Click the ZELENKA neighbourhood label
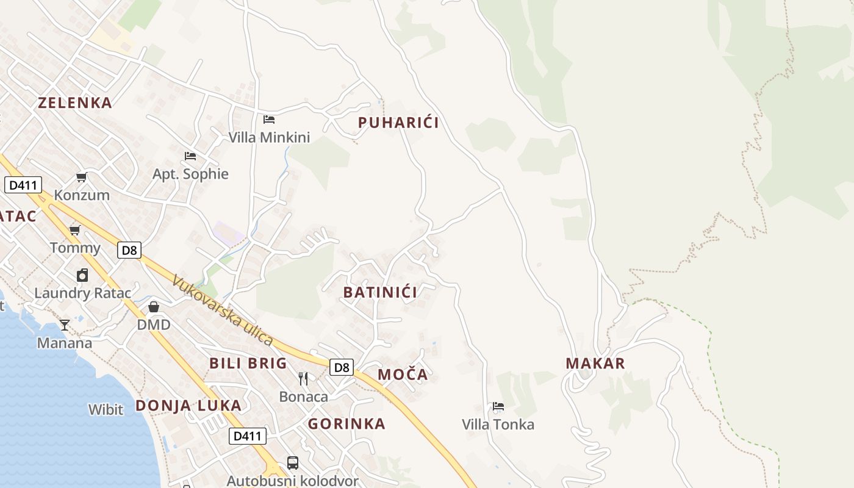click(x=75, y=102)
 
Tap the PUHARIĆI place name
click(x=398, y=123)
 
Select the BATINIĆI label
click(x=380, y=292)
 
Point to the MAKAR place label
click(x=595, y=364)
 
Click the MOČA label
click(x=403, y=375)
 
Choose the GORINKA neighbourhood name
click(x=346, y=424)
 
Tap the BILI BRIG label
click(x=248, y=364)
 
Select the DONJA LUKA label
click(x=188, y=406)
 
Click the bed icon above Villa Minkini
click(x=269, y=120)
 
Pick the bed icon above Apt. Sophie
click(x=190, y=156)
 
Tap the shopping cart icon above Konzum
click(x=81, y=178)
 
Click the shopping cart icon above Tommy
click(x=75, y=230)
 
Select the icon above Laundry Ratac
click(x=82, y=275)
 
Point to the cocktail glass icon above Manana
click(x=65, y=325)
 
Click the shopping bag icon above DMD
click(x=154, y=306)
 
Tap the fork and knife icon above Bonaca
click(x=303, y=379)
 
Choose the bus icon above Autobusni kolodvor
click(x=293, y=463)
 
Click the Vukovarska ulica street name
click(x=221, y=310)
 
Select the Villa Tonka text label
click(x=498, y=425)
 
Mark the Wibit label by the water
click(x=106, y=409)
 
